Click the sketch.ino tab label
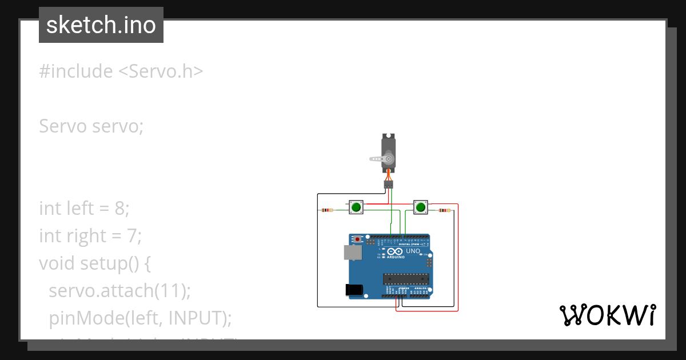point(101,25)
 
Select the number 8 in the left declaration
point(119,209)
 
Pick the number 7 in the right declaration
point(130,235)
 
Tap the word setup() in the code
point(114,263)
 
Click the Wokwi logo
point(607,315)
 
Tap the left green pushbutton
point(356,207)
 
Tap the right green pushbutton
point(421,207)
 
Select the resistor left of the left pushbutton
point(326,210)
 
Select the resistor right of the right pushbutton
point(443,210)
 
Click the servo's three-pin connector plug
point(388,184)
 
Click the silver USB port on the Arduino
point(353,253)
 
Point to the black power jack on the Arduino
point(354,290)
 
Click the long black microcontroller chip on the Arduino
point(405,278)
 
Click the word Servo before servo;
point(63,126)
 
